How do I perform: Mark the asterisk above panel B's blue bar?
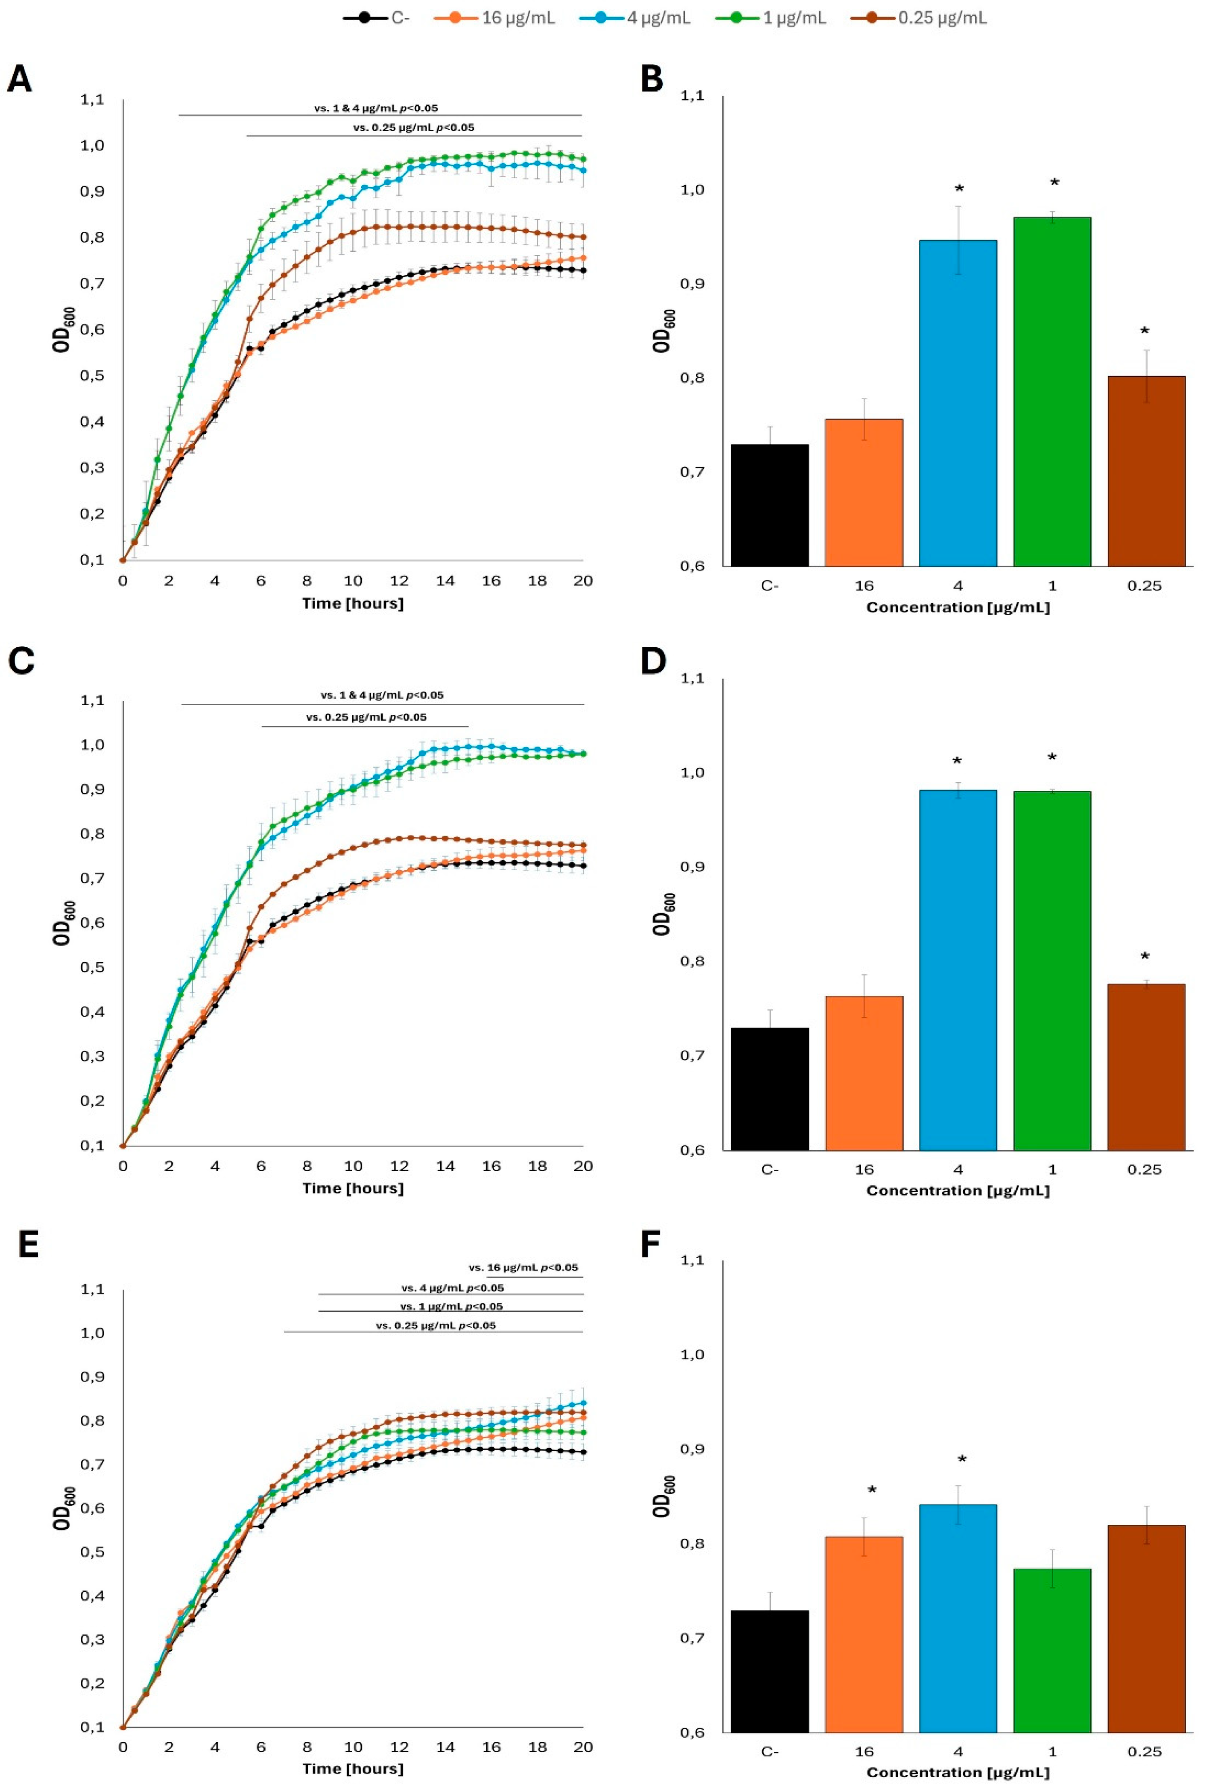[x=959, y=189]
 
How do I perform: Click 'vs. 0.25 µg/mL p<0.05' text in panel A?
[x=414, y=128]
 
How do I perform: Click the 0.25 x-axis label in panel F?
[x=1144, y=1751]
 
